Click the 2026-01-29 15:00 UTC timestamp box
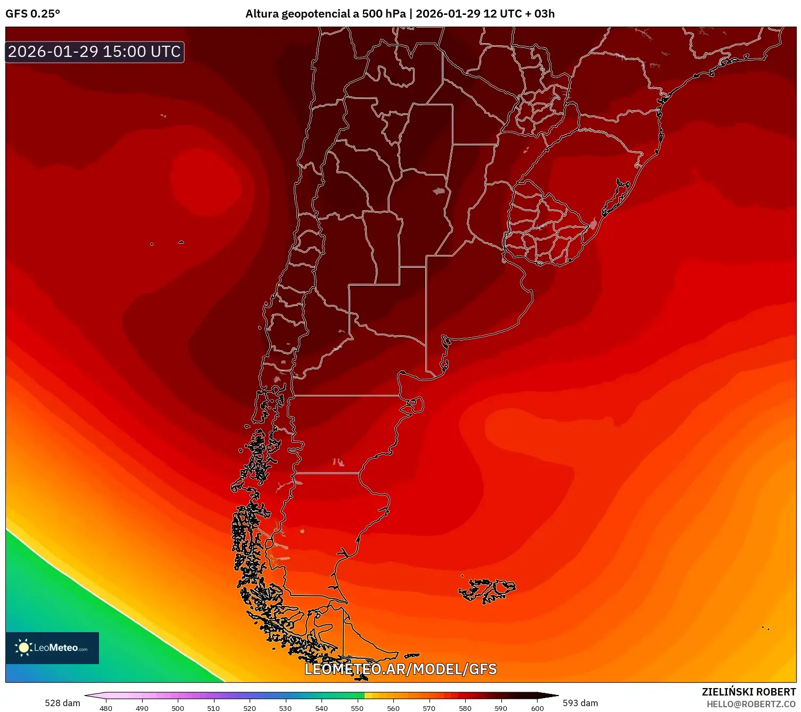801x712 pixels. coord(95,52)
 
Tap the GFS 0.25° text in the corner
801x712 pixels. coord(32,14)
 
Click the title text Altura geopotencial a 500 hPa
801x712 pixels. coord(325,14)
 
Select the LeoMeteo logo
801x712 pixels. coord(52,648)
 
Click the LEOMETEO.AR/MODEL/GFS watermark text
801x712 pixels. coord(400,669)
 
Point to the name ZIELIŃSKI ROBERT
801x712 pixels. coord(748,692)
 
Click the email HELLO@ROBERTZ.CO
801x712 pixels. coord(751,704)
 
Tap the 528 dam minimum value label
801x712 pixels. coord(62,703)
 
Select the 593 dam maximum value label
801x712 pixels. coord(580,703)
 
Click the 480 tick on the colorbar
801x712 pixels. coord(106,708)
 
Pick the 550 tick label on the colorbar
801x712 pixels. coord(357,708)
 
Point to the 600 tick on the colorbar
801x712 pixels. coord(538,708)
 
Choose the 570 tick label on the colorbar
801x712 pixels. coord(429,708)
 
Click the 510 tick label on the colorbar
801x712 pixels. coord(213,708)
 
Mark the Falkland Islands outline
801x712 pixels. coord(487,590)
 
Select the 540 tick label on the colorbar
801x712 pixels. coord(321,708)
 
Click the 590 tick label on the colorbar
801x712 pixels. coord(501,708)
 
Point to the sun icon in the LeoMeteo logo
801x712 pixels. coord(23,648)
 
